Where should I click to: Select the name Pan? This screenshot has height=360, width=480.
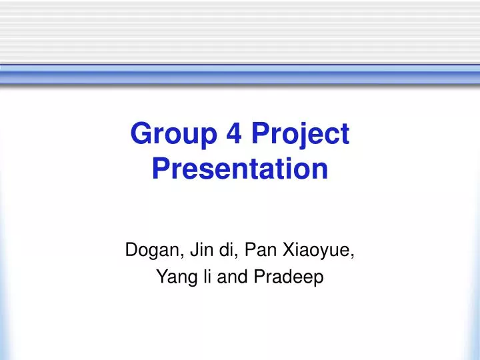pos(257,251)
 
